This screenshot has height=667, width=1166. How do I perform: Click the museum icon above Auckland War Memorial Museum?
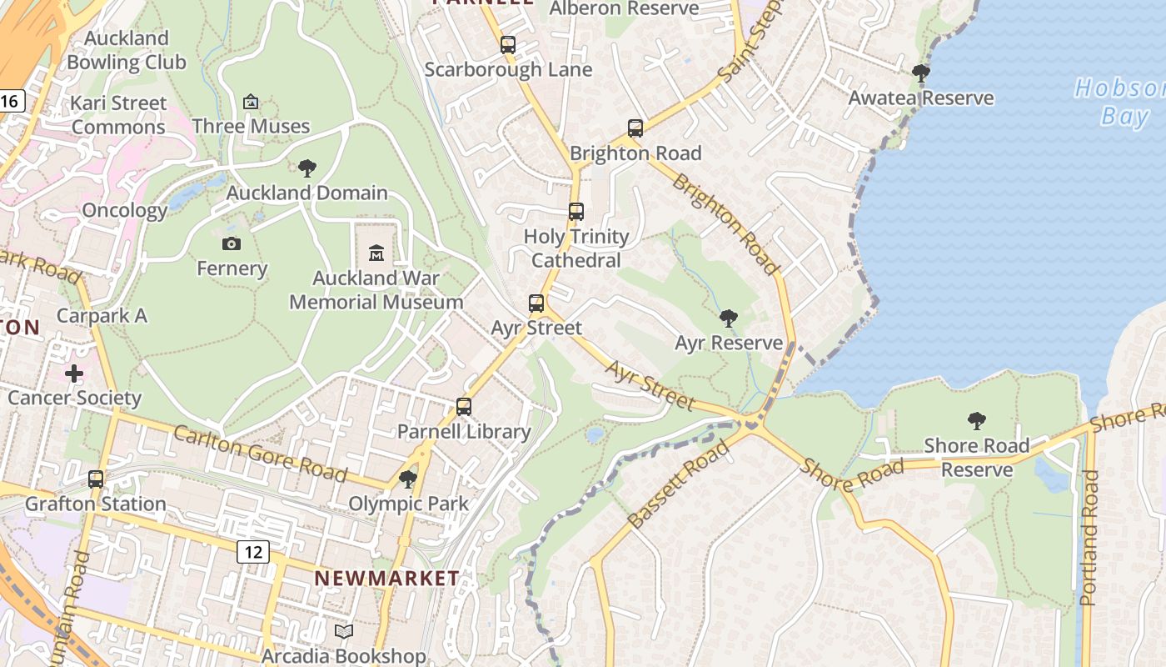tap(376, 252)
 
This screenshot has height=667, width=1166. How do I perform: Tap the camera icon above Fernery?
tap(232, 243)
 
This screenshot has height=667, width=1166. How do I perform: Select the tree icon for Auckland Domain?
tap(307, 168)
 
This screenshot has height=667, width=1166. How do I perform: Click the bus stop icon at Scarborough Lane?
tap(508, 45)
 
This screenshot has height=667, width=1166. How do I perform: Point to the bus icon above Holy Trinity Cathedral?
tap(576, 212)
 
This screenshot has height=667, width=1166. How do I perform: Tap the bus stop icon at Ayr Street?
tap(536, 303)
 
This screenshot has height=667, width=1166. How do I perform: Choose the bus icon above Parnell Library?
tap(464, 407)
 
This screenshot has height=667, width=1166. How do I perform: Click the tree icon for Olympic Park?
tap(408, 479)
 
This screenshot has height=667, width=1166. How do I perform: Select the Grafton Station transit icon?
tap(96, 479)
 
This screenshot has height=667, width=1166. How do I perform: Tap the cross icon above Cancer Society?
tap(74, 374)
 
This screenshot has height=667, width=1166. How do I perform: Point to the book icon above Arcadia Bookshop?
tap(344, 632)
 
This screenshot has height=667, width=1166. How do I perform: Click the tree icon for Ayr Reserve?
tap(729, 318)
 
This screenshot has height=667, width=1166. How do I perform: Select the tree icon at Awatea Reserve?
tap(921, 73)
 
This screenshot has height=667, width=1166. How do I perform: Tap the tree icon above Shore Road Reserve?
tap(977, 421)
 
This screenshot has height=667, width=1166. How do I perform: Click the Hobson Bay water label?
tap(1120, 101)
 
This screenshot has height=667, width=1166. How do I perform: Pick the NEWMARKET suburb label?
tap(386, 578)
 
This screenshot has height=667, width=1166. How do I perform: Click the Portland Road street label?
tap(1089, 538)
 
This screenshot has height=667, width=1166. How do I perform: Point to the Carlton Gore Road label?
tap(260, 454)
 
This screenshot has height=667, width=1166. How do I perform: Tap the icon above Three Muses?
tap(251, 102)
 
